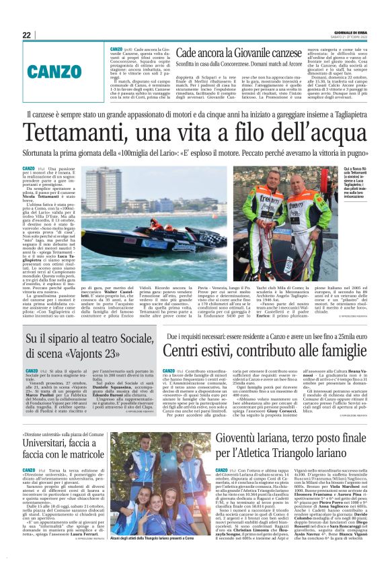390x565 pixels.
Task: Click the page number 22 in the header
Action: click(x=27, y=35)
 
